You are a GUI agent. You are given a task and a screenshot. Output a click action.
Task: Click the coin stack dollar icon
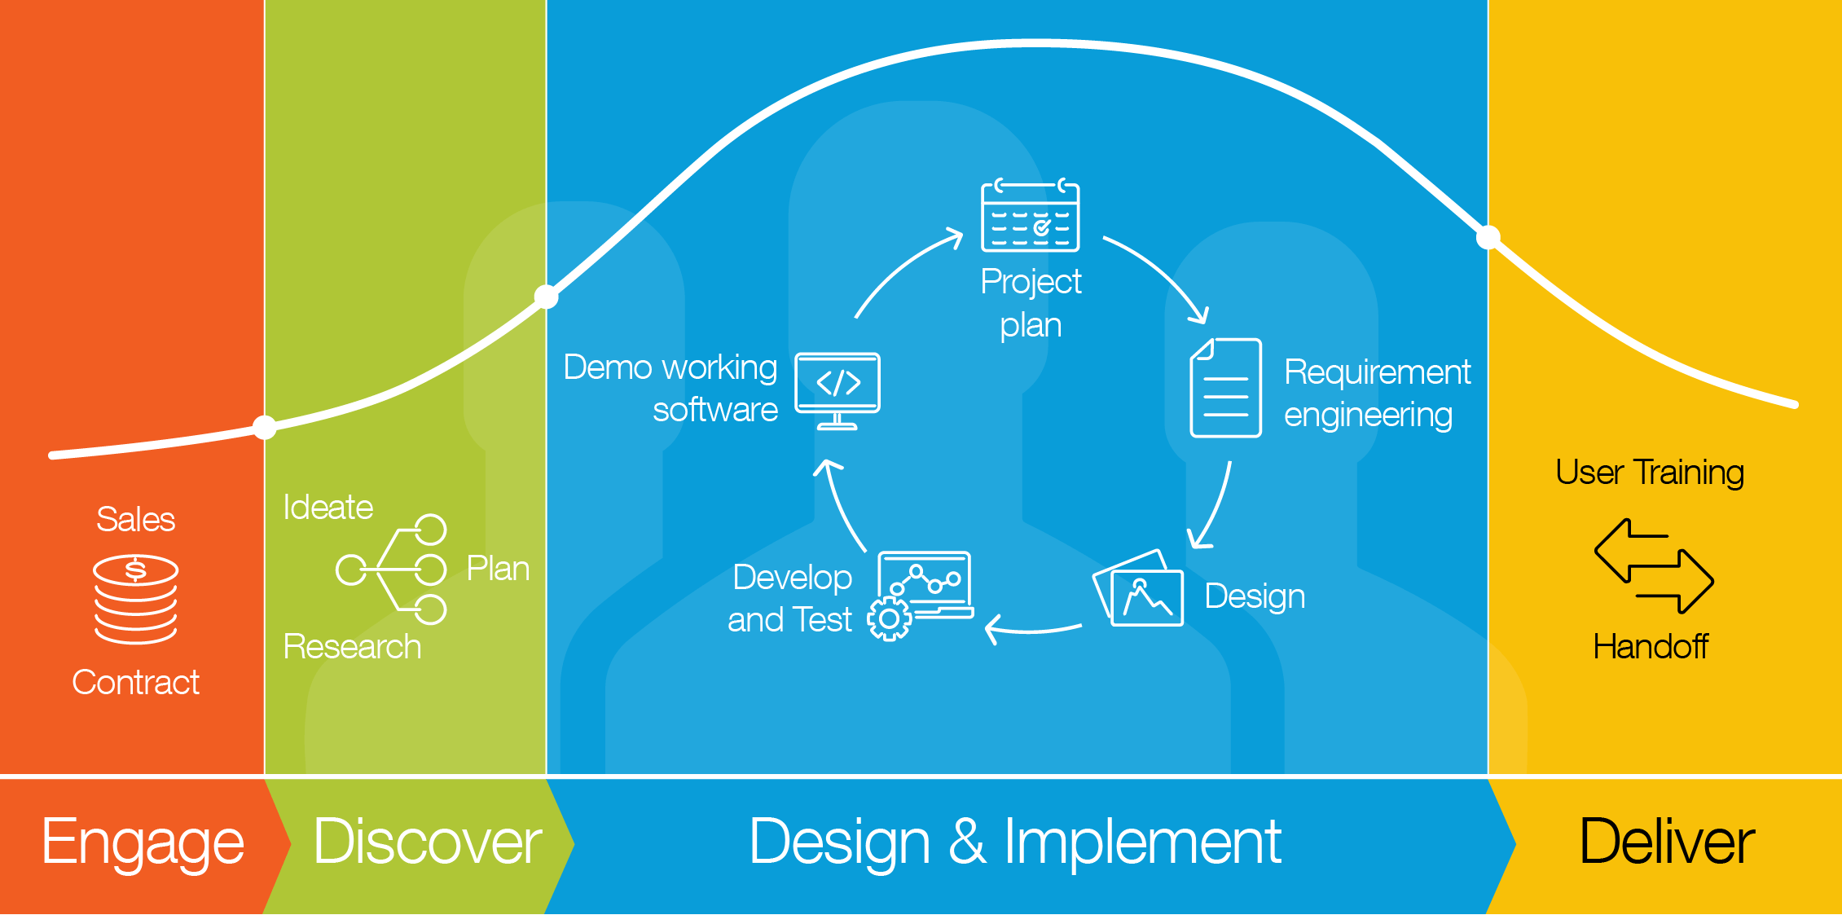[135, 600]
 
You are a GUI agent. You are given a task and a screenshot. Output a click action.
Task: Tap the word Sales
[135, 519]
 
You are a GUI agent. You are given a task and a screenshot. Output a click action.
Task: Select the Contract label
[135, 682]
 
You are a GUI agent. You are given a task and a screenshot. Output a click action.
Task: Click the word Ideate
[328, 508]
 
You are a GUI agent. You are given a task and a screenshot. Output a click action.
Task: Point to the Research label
[352, 647]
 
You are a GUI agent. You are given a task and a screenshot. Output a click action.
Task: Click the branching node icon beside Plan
[391, 570]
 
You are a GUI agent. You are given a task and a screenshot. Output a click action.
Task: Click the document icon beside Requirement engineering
[1225, 388]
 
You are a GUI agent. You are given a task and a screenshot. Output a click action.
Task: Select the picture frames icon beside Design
[1138, 588]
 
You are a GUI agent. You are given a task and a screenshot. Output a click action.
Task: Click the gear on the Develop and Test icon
[889, 619]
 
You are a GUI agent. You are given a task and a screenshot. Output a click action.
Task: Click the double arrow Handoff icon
[1654, 565]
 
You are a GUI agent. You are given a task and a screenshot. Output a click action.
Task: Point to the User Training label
[1650, 473]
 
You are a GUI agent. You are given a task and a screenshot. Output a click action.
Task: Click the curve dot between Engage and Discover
[265, 427]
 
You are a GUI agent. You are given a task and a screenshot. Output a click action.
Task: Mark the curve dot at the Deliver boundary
[1488, 237]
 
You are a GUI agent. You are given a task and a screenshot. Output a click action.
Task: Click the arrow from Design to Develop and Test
[1033, 631]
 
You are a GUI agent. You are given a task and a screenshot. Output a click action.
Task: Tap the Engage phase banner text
[143, 842]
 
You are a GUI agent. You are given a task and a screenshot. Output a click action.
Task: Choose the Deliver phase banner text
[1667, 842]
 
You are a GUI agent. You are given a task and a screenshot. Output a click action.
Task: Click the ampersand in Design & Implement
[967, 842]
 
